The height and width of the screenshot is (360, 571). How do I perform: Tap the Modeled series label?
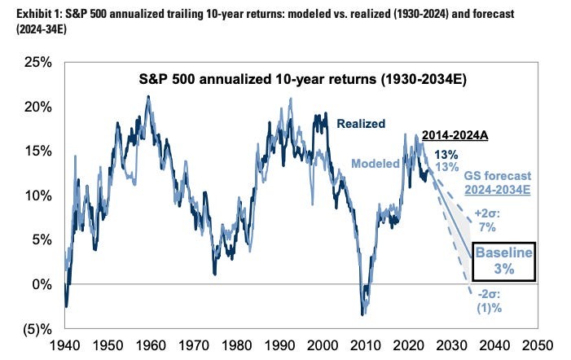[x=376, y=163]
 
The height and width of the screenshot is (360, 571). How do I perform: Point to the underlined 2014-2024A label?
[x=455, y=136]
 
